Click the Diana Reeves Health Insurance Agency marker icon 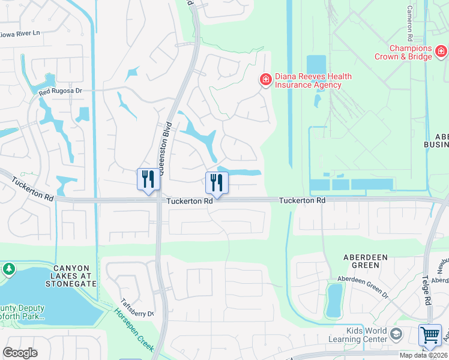[x=265, y=79]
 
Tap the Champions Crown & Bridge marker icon [x=441, y=52]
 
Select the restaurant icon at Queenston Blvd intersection [x=148, y=179]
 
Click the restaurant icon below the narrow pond [x=217, y=182]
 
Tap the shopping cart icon [x=430, y=335]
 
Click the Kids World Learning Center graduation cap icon [x=395, y=334]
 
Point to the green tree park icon [x=9, y=269]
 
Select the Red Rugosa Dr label [x=60, y=91]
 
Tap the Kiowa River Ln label [x=19, y=34]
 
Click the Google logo [x=20, y=352]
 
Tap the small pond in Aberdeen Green [x=334, y=299]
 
